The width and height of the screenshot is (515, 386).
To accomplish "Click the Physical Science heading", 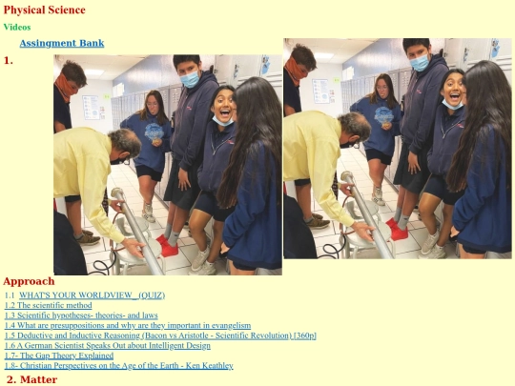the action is (44, 10).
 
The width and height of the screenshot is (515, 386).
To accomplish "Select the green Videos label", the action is (17, 27).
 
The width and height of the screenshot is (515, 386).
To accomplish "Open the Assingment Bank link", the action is (62, 43).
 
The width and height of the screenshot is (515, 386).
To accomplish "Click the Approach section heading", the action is (29, 281).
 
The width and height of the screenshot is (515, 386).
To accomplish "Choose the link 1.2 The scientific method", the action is (48, 305).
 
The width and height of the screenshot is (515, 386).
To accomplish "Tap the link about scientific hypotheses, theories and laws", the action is (81, 315).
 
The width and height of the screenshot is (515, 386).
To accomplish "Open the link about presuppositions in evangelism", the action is (128, 325).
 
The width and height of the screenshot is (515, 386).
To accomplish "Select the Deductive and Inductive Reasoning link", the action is (160, 335).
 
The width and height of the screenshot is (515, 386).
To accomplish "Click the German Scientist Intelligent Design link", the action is (108, 346).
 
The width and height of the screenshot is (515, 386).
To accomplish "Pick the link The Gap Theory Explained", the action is (59, 356).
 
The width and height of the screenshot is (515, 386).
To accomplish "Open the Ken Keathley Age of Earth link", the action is (118, 366).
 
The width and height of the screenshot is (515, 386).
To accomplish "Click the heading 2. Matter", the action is (31, 379).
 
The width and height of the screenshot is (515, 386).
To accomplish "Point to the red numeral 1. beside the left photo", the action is (9, 60).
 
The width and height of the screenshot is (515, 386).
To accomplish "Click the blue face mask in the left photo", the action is (190, 79).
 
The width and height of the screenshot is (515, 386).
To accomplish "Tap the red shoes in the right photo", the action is (398, 229).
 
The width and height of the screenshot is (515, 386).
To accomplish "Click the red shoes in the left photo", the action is (168, 246).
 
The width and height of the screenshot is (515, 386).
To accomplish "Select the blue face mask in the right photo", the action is (420, 63).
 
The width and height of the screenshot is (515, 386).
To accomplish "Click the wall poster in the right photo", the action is (319, 91).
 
